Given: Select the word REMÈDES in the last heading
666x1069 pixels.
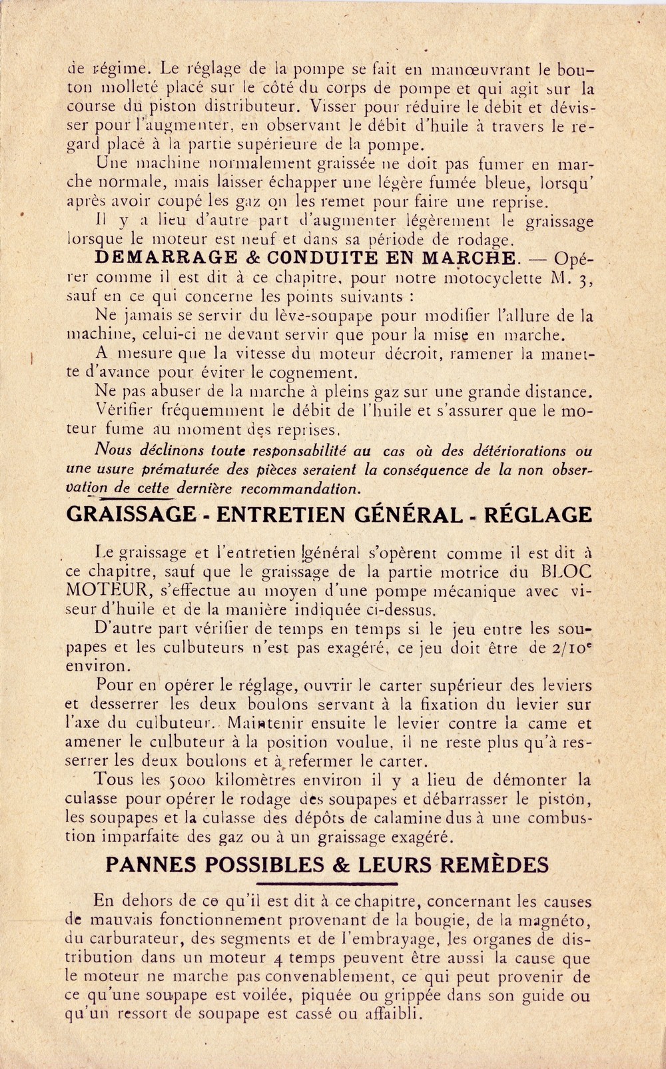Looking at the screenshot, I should (x=494, y=865).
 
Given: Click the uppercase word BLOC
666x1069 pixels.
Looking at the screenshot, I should (x=568, y=571).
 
